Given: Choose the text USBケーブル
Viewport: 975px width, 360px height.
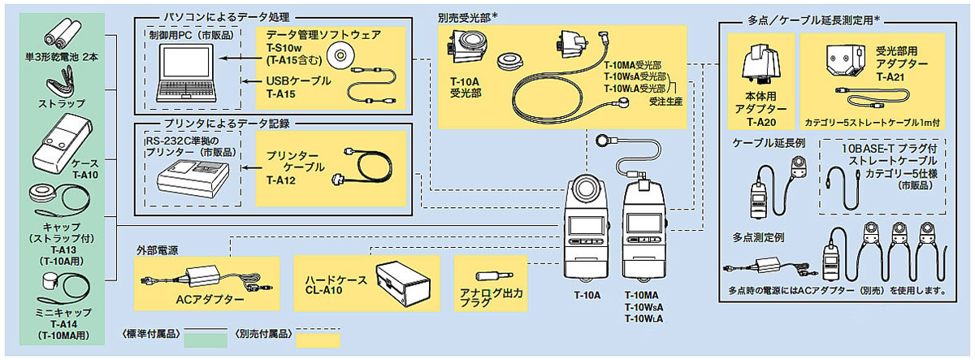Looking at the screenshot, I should [298, 80].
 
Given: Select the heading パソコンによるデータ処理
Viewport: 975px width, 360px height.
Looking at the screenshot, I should [218, 16].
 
